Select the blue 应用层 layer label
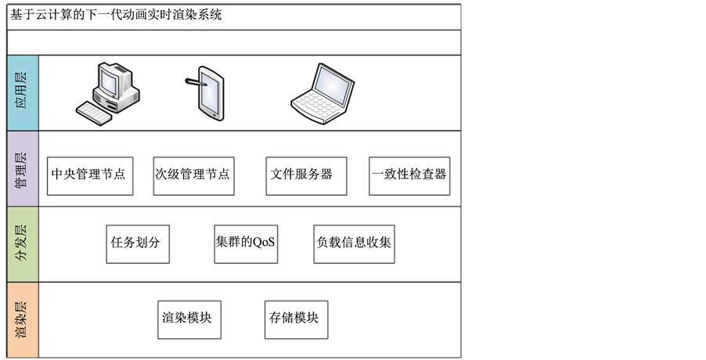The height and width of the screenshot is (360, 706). pos(22,92)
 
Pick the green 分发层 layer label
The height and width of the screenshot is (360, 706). pos(22,243)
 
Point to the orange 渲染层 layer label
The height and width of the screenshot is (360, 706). pos(22,320)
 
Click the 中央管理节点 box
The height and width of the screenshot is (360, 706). pos(88,175)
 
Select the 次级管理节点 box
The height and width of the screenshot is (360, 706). pos(193,175)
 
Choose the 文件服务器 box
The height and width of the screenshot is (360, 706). pos(301,175)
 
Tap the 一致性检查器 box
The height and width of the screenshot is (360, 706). pos(409,175)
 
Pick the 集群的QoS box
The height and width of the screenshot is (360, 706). pos(246,243)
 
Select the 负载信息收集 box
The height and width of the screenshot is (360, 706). pos(354,243)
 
